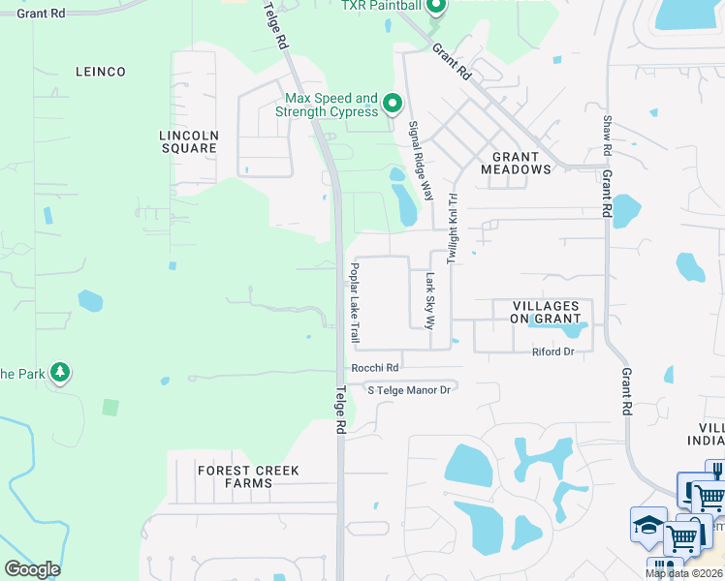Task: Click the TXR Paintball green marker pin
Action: [435, 9]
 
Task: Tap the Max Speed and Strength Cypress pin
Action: [393, 103]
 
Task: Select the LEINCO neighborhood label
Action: [100, 72]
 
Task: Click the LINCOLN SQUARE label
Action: [189, 141]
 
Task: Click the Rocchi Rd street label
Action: [375, 368]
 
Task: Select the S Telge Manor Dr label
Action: [409, 389]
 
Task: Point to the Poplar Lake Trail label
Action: [356, 303]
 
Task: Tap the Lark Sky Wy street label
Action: [430, 299]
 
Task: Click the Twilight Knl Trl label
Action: [452, 228]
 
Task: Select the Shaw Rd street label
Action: [607, 136]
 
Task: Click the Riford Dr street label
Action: [553, 352]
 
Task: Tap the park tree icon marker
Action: [60, 373]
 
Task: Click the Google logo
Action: [32, 569]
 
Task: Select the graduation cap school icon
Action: [647, 525]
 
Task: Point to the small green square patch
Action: [110, 407]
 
